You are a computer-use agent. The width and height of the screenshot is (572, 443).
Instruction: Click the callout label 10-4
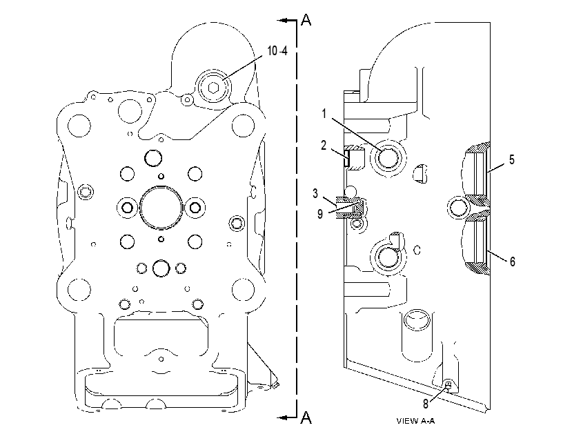277,51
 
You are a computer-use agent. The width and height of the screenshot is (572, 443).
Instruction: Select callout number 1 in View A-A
324,114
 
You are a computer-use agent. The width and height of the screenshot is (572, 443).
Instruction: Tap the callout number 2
324,145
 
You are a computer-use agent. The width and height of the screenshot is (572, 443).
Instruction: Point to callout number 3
315,193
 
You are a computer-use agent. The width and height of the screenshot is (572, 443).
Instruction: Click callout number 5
512,159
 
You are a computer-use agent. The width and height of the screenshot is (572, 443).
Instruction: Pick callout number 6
513,262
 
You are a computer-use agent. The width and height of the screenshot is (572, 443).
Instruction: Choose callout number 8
426,404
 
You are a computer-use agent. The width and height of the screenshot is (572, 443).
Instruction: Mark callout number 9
320,214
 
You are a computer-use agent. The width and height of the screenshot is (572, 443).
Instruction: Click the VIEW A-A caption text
415,421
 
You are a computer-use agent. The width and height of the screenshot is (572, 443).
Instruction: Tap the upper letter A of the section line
306,20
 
